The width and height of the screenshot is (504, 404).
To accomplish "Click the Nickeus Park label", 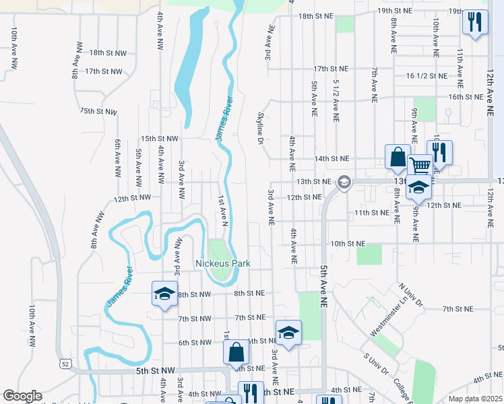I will (x=222, y=263).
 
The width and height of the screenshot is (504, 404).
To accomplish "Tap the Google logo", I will (x=22, y=396).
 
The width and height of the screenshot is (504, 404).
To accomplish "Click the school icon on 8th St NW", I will (x=164, y=294).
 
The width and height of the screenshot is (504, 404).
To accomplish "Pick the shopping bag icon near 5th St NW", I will (x=236, y=352).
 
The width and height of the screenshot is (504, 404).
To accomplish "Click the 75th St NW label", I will (x=98, y=110).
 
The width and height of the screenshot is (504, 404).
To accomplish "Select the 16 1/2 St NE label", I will (x=427, y=76).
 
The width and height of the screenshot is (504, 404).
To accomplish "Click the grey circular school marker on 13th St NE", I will (x=344, y=181).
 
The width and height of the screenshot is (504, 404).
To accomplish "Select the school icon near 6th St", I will (x=288, y=333).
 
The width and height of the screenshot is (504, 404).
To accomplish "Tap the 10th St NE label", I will (x=347, y=243).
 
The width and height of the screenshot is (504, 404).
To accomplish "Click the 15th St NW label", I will (x=159, y=139).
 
